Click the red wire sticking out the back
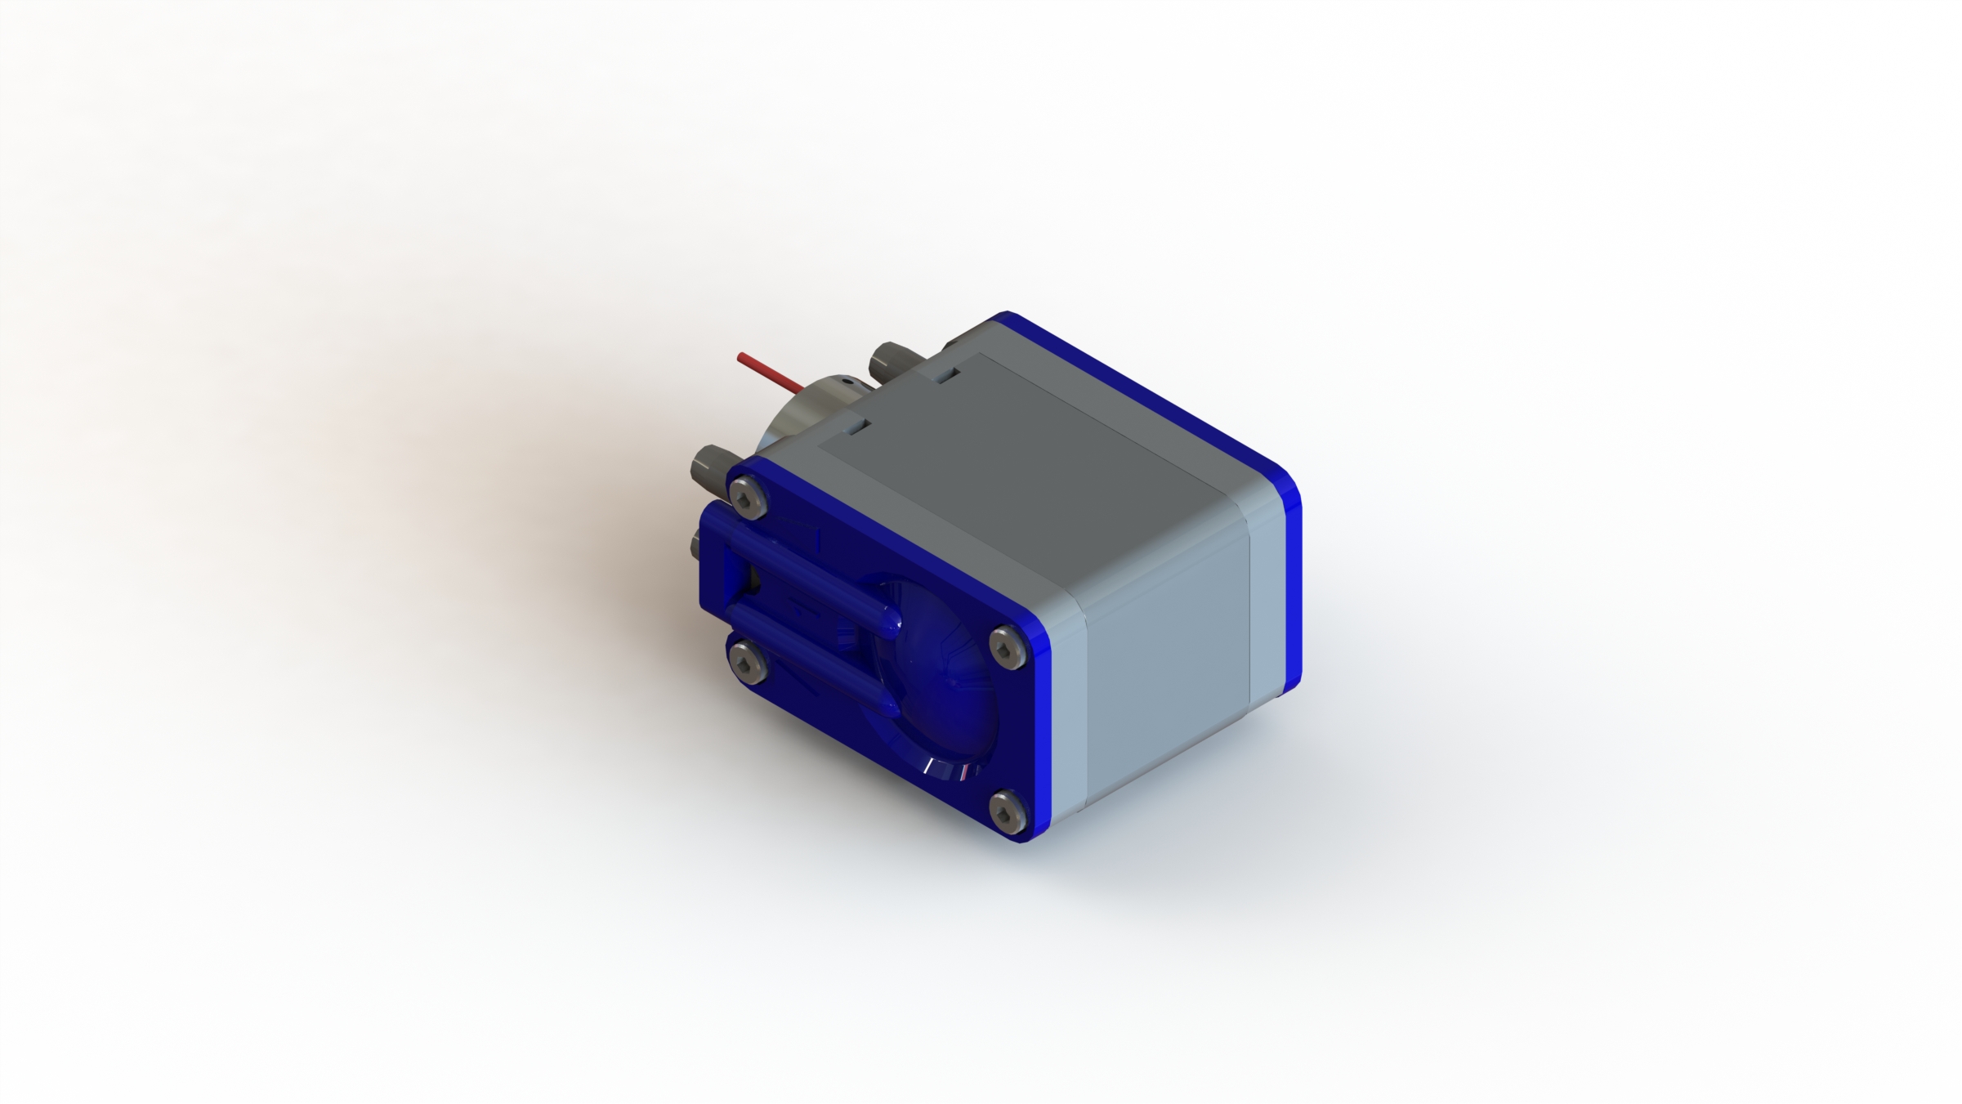769,369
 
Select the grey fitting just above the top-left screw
712,468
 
